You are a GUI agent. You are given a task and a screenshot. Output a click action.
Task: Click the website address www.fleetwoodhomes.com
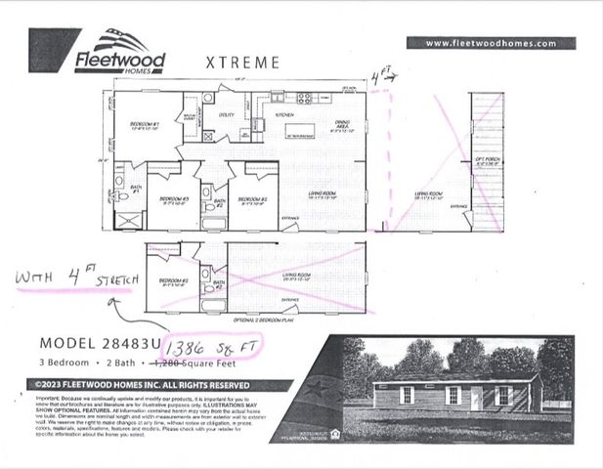(491, 43)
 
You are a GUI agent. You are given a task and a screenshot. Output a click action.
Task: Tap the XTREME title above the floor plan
(242, 63)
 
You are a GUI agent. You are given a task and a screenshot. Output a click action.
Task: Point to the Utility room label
(227, 115)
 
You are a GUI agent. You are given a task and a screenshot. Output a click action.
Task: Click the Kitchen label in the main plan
(284, 115)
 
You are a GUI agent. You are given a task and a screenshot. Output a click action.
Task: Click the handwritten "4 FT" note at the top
(381, 75)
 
